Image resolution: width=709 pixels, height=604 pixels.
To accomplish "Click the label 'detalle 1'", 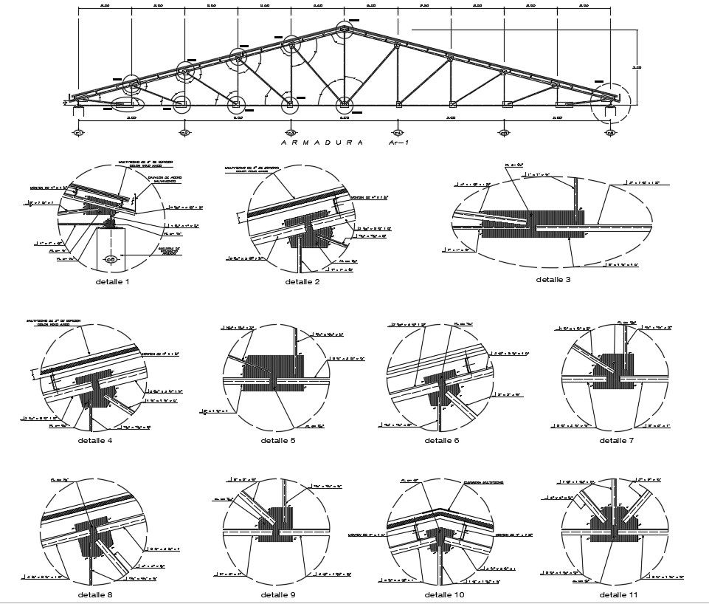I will click(x=112, y=281).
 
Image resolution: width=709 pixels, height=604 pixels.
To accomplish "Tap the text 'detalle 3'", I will click(x=553, y=279).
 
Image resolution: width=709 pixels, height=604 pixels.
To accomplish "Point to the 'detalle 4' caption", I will click(x=94, y=441).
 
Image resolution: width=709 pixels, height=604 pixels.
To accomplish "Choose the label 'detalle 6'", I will click(x=442, y=441).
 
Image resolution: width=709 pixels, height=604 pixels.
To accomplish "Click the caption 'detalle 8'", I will click(x=94, y=594).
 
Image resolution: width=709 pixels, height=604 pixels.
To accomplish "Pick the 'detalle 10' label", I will click(x=444, y=594).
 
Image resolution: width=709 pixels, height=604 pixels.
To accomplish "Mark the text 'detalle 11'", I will click(x=618, y=594).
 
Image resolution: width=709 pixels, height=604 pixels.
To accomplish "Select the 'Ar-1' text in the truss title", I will click(x=403, y=143).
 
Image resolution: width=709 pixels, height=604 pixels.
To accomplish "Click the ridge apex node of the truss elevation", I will click(x=345, y=30).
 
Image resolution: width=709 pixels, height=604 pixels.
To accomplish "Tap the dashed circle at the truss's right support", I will click(x=611, y=103).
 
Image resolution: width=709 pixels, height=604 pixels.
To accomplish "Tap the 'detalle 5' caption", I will click(x=277, y=441).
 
